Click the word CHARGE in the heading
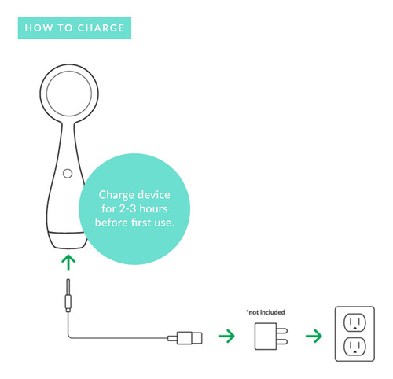click(101, 28)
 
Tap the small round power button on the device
click(68, 174)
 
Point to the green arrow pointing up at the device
click(68, 263)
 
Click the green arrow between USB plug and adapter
click(227, 336)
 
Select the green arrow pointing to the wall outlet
click(314, 336)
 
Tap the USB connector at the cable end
click(185, 337)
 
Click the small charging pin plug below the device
click(68, 296)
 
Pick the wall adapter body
click(266, 337)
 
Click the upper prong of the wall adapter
click(282, 331)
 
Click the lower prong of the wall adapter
click(282, 341)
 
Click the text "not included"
click(266, 312)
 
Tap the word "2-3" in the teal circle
click(127, 208)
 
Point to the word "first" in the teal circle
click(141, 223)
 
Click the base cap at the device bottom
click(68, 241)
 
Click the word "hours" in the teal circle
click(153, 208)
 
